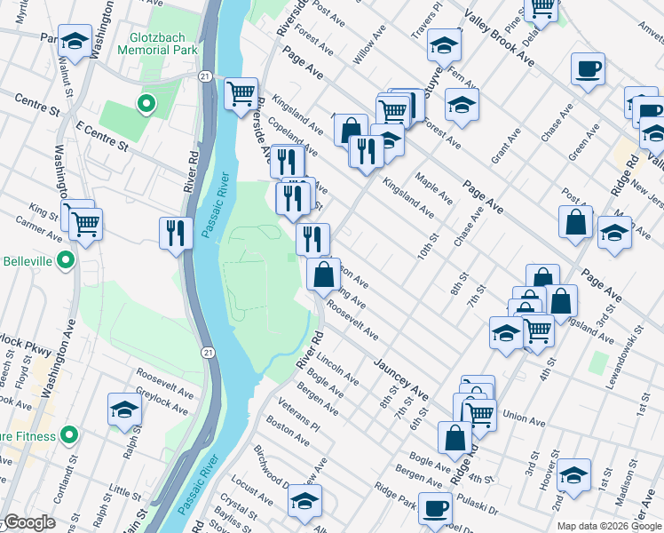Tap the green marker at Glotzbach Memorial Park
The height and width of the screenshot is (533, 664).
[x=145, y=104]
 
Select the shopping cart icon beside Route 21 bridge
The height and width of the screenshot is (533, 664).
[x=241, y=92]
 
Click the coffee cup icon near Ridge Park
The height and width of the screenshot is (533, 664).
[x=435, y=508]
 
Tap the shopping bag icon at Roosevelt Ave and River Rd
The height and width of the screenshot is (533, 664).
[x=323, y=274]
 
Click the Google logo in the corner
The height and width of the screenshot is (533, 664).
[x=28, y=522]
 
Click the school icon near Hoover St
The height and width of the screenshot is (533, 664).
[x=573, y=475]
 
